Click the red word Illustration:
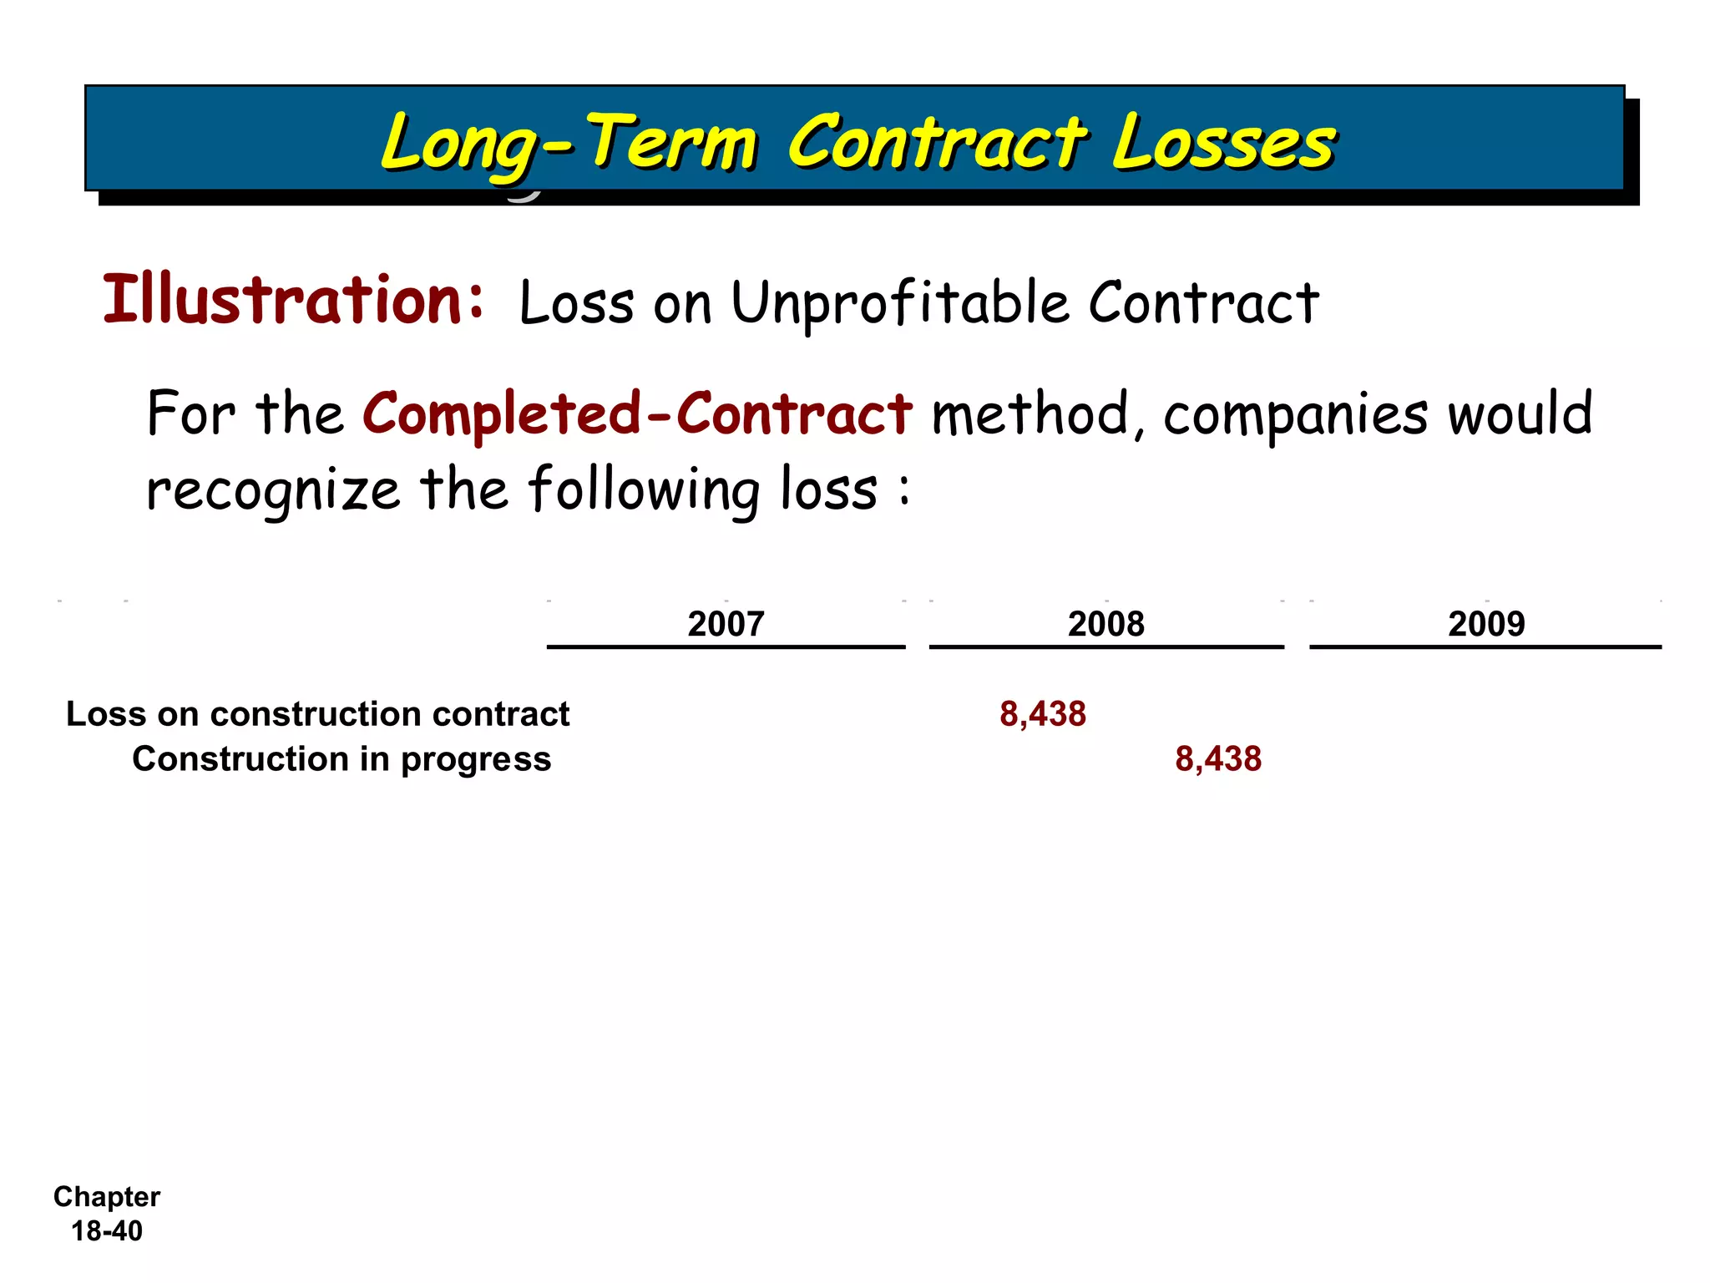292,301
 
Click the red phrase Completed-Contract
636,413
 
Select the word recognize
273,490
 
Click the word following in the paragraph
644,490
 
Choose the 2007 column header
726,624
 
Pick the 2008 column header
1105,624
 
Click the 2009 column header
1485,624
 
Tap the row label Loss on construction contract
317,714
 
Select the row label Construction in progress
341,759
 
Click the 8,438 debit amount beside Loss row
1043,714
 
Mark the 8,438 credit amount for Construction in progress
1218,759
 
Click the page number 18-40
107,1230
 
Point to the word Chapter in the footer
107,1197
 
